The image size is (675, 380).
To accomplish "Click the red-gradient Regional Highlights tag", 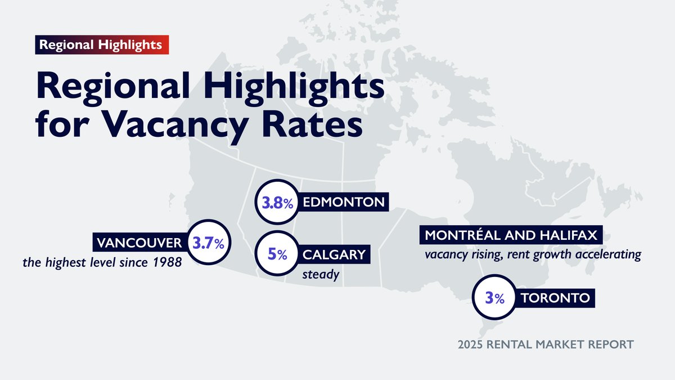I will [x=101, y=44].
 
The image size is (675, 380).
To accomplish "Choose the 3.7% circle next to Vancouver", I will [x=208, y=244].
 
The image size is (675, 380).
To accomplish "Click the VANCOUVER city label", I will [x=139, y=243].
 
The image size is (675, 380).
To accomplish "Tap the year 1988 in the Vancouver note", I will [x=168, y=262].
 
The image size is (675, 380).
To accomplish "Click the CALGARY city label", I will [x=334, y=255].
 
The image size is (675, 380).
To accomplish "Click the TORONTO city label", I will [x=556, y=298].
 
